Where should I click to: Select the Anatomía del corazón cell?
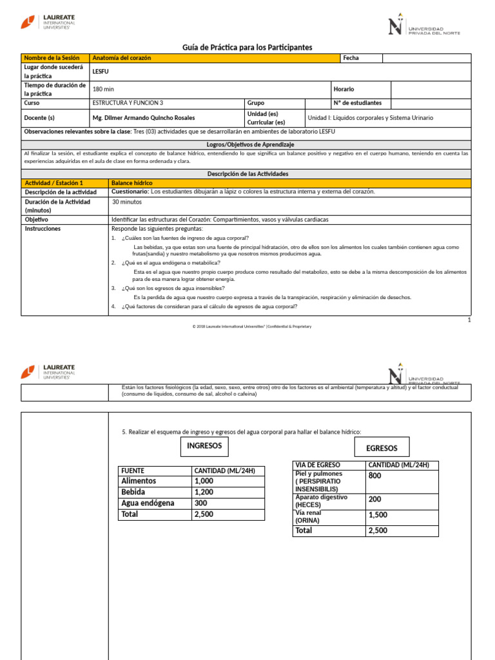[122, 58]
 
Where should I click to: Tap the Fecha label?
[351, 58]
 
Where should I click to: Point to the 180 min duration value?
[103, 89]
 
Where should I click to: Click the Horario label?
[344, 89]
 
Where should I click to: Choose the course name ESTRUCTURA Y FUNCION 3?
[128, 103]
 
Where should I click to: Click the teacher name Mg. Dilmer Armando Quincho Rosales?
[144, 118]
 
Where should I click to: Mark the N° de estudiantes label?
[358, 103]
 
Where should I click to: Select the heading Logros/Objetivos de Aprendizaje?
[250, 144]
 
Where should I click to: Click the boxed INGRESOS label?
[204, 446]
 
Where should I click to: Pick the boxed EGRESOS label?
[382, 448]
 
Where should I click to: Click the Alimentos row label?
[139, 481]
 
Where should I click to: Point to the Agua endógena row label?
[148, 503]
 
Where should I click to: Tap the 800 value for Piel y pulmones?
[375, 476]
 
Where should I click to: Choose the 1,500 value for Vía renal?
[378, 515]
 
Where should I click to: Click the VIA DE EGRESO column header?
[318, 465]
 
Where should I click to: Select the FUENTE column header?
[132, 471]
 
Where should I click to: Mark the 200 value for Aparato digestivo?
[374, 500]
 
